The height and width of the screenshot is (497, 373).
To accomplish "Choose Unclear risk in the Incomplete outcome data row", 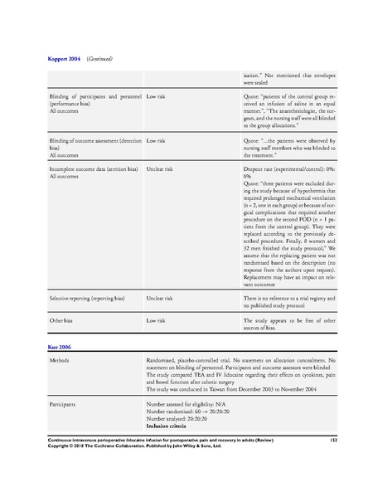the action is [165, 169].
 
